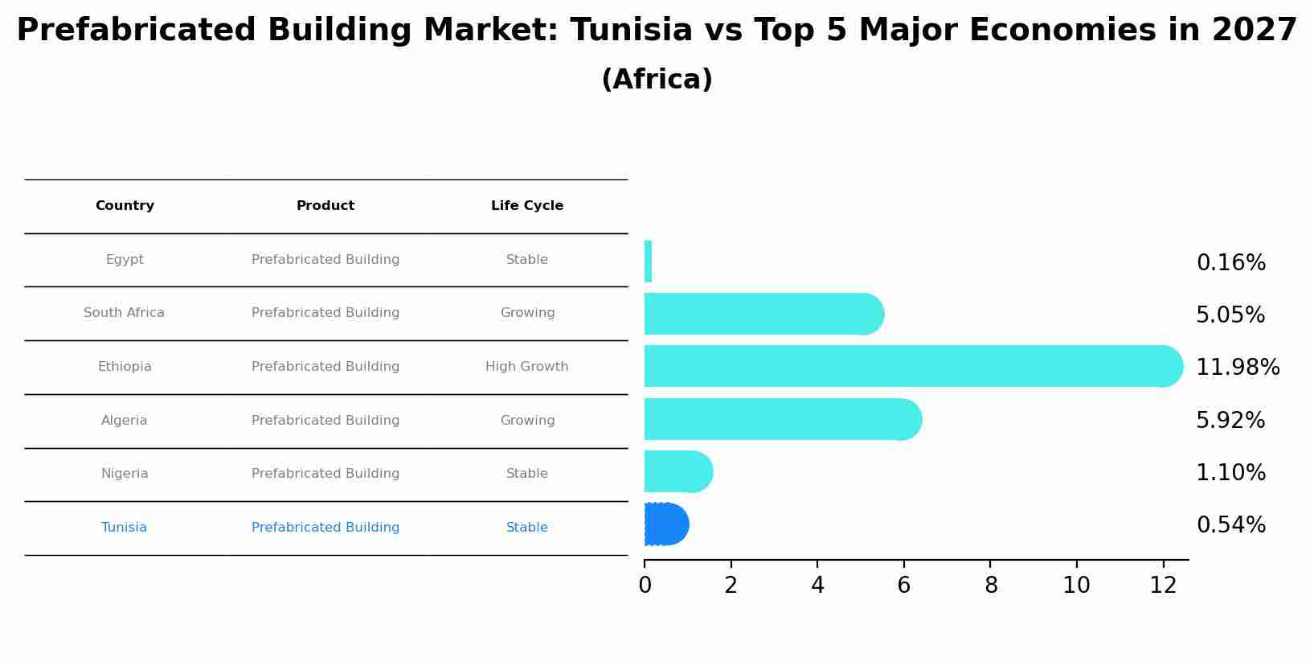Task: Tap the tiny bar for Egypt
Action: tap(648, 261)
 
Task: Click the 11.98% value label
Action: tap(1238, 368)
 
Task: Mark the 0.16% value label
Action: tap(1230, 263)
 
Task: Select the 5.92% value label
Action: tap(1230, 421)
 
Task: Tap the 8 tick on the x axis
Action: tap(991, 586)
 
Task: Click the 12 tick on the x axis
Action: tap(1163, 586)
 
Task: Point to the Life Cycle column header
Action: tap(527, 206)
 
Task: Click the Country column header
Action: tap(125, 206)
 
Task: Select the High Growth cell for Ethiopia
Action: tap(527, 367)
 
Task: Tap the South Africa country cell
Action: tap(125, 313)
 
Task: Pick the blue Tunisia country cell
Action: tap(125, 528)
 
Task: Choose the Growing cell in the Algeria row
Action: tap(527, 421)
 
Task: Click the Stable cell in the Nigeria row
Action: tap(527, 474)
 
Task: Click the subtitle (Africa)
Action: tap(657, 80)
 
